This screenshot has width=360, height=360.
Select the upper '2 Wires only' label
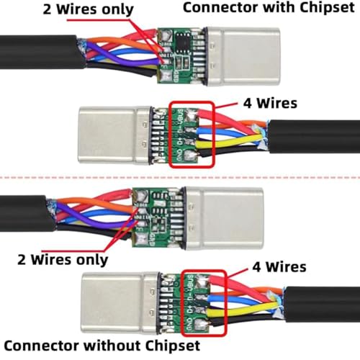pos(80,9)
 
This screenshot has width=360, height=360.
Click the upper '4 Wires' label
pos(269,104)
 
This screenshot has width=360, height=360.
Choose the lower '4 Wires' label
pos(279,267)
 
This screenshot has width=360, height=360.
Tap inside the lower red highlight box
pos(200,299)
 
